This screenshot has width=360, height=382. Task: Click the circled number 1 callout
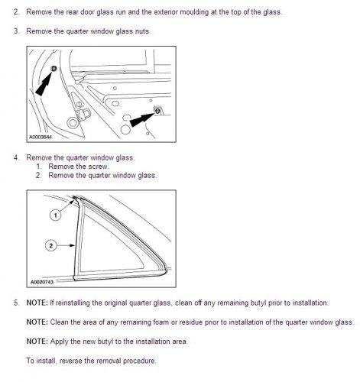(56, 215)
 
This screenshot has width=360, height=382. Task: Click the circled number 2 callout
(51, 246)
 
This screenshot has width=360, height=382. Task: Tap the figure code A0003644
(41, 137)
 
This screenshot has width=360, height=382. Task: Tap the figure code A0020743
(42, 282)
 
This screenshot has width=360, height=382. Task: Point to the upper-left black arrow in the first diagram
(44, 83)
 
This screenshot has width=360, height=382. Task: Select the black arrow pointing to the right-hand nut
(142, 119)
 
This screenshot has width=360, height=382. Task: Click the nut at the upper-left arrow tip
(54, 68)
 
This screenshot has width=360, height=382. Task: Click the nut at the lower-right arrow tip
(157, 111)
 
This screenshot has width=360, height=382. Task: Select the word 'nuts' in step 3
(142, 31)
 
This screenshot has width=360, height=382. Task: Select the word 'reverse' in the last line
(71, 361)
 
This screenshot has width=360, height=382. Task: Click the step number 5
(16, 303)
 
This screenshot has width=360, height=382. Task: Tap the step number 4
(16, 157)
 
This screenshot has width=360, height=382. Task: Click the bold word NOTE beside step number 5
(37, 303)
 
